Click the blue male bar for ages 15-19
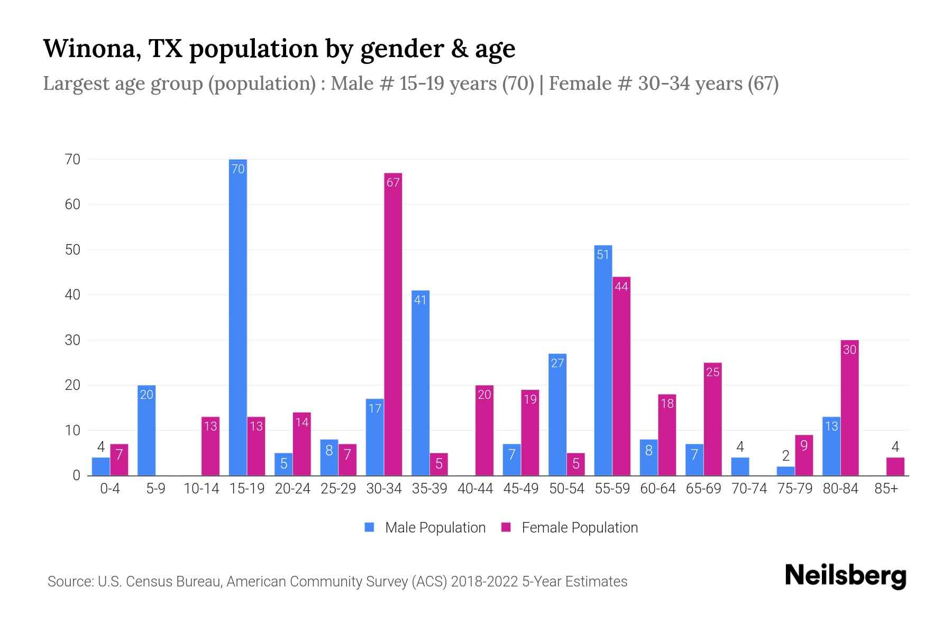tap(238, 317)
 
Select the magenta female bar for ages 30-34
tap(393, 324)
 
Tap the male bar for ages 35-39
tap(420, 383)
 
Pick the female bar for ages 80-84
tap(849, 408)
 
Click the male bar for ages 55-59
tap(603, 360)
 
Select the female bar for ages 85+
tap(895, 467)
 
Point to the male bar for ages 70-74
tap(740, 467)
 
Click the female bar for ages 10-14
tap(210, 446)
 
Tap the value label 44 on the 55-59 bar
tap(621, 287)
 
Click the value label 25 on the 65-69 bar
tap(712, 372)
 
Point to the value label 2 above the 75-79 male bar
tap(785, 456)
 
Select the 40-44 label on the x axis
tap(475, 489)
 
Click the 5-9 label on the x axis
tap(155, 489)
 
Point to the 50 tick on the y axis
tap(72, 250)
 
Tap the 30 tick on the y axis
tap(72, 340)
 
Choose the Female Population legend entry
tap(570, 528)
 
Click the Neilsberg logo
tap(845, 576)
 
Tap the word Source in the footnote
tap(69, 582)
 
